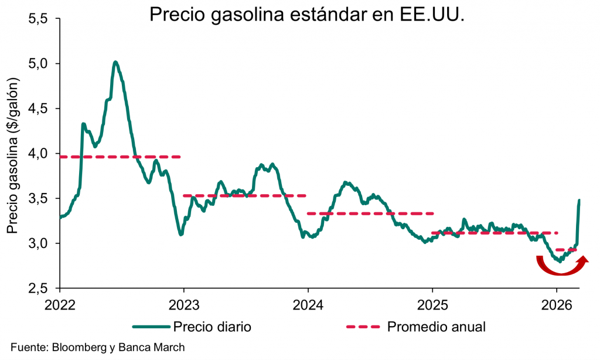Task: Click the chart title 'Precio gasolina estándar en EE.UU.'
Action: point(307,14)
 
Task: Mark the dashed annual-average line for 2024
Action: point(370,213)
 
